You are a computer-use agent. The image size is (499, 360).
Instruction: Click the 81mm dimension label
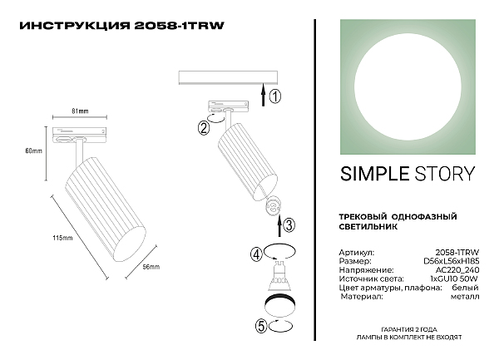coord(80,111)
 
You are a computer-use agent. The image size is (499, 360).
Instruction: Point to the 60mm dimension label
coord(34,150)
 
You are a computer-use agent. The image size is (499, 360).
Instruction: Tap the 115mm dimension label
coord(62,238)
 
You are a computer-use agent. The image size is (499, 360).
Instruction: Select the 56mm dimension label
coord(151,267)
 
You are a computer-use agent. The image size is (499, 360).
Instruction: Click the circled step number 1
coord(275,96)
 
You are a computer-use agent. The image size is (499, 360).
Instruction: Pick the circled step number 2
coord(204,128)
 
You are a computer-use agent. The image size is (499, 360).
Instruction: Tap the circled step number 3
coord(289,225)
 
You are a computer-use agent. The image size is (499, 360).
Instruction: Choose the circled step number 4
coord(256,254)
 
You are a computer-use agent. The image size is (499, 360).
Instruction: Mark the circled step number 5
coord(261,327)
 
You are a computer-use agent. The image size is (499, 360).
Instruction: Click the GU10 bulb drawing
coord(279,275)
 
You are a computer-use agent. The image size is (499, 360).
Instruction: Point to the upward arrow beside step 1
coord(263,94)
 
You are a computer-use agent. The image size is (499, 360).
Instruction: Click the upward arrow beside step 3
coord(279,225)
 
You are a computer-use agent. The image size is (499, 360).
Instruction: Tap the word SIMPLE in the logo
coord(374,174)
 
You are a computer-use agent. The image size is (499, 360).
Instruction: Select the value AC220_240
coord(457,270)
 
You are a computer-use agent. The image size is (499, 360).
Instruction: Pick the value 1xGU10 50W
coord(454,279)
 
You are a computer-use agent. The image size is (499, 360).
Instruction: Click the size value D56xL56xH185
coord(452,261)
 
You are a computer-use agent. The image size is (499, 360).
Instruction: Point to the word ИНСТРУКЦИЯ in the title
coord(75,26)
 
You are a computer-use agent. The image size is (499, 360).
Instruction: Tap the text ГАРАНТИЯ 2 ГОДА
coord(409,329)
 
